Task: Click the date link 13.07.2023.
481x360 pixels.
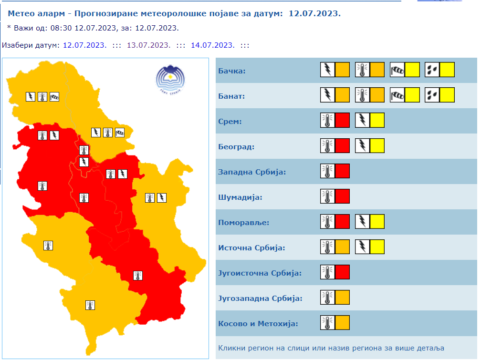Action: click(x=148, y=45)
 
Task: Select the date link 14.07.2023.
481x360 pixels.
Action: click(x=212, y=45)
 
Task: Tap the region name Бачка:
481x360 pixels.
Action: click(x=231, y=72)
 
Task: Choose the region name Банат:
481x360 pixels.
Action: click(x=231, y=96)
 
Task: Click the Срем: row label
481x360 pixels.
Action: click(x=230, y=122)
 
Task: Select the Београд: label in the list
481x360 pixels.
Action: click(x=236, y=146)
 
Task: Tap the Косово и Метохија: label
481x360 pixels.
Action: click(x=258, y=324)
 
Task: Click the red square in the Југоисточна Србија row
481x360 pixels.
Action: click(x=342, y=272)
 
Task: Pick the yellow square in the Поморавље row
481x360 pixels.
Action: click(x=377, y=222)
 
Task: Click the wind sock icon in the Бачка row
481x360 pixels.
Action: click(x=397, y=70)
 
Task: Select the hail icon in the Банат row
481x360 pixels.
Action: click(x=432, y=95)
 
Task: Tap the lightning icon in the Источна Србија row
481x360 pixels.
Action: click(x=363, y=247)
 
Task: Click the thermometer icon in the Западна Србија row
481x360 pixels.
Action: click(x=327, y=171)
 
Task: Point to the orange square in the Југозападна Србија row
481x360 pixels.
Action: click(x=342, y=297)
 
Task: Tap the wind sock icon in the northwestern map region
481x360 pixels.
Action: click(x=54, y=97)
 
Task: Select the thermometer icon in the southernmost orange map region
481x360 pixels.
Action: click(x=89, y=305)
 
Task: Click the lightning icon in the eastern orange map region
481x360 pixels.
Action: click(x=162, y=197)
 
